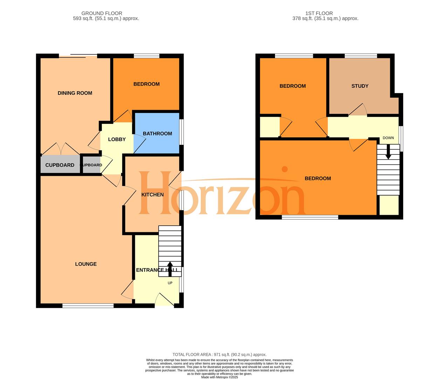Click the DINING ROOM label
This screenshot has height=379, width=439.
pos(75,93)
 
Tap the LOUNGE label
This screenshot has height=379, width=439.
pos(86,264)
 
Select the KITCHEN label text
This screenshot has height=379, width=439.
pos(152,194)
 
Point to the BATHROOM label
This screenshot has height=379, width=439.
pos(157,133)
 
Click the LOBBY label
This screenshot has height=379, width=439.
pos(117,139)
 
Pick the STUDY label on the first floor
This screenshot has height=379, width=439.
pos(360,86)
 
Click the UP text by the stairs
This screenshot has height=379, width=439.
pos(170,283)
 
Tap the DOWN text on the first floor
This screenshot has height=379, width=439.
pos(388,138)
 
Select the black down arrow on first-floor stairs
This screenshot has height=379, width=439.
pos(388,153)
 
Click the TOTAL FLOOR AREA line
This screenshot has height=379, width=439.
pos(219,354)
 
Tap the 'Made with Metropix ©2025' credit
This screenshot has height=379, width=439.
pos(219,377)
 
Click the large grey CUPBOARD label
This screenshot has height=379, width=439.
pos(60,165)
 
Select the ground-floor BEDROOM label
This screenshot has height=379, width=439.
pos(146,84)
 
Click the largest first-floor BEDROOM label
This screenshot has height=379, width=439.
pos(318,178)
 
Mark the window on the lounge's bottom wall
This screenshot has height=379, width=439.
pos(88,306)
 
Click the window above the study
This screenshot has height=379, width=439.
pos(361,55)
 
